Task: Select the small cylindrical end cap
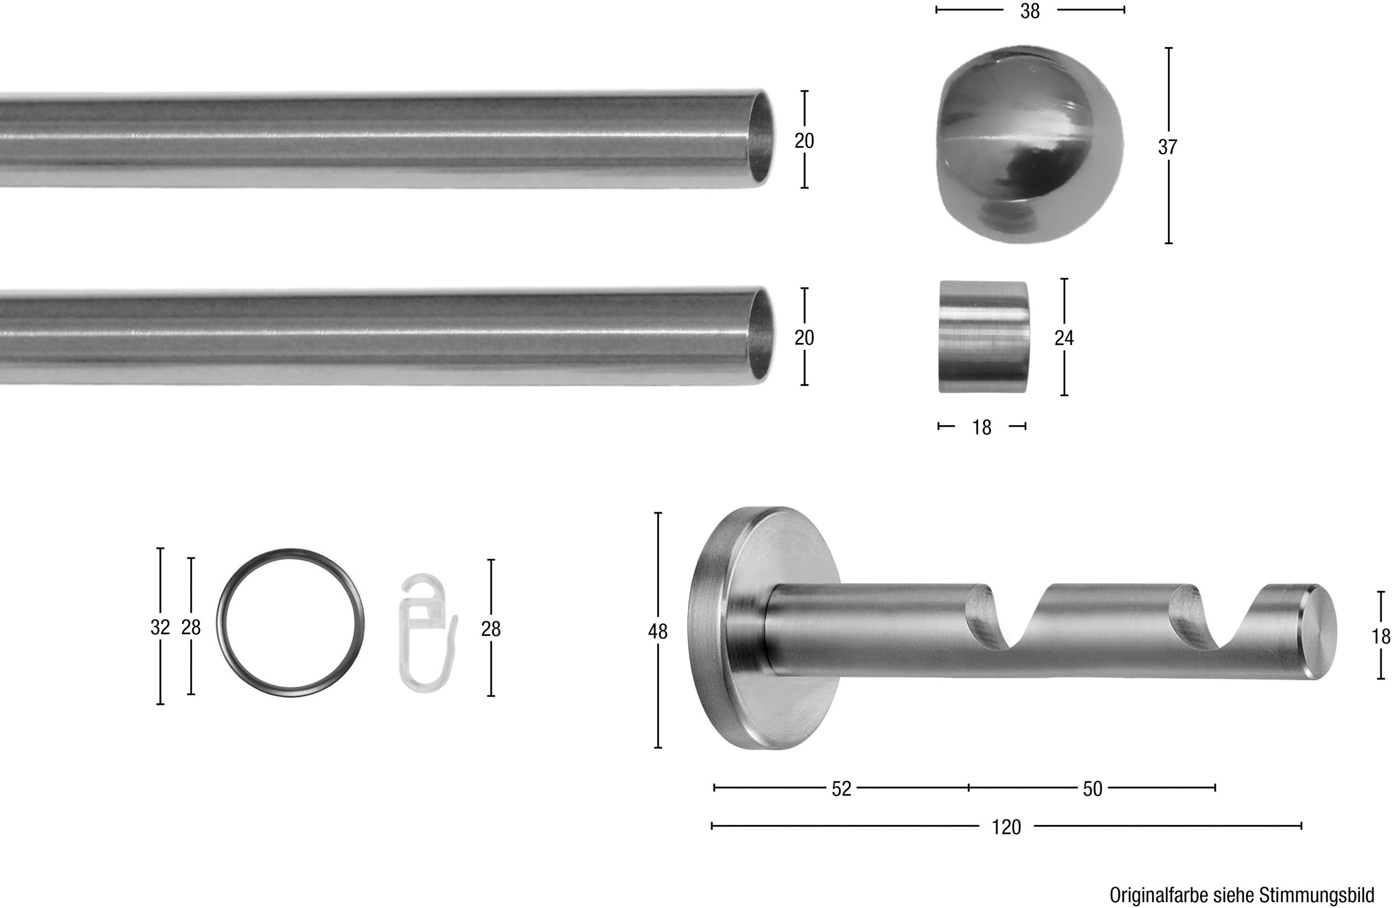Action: (x=984, y=337)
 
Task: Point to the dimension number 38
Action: (x=1030, y=11)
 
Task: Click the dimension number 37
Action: (x=1168, y=147)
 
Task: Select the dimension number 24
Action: (x=1064, y=338)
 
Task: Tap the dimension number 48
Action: (x=658, y=631)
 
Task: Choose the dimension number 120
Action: (x=1006, y=827)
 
